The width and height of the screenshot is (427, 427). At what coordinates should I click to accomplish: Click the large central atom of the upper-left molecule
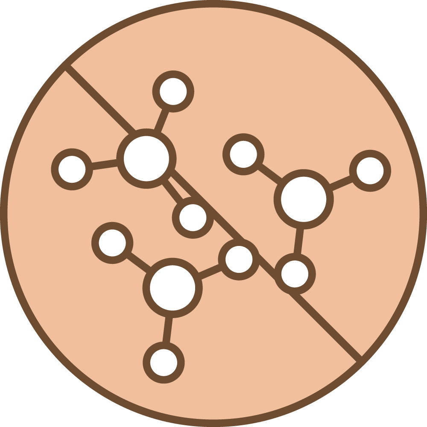146,158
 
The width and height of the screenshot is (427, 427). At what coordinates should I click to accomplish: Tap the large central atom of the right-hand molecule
303,199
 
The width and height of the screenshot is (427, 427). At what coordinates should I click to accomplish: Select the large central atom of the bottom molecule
172,287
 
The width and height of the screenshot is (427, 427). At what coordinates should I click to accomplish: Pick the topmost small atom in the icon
173,91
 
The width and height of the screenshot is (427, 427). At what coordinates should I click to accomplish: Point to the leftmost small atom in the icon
72,169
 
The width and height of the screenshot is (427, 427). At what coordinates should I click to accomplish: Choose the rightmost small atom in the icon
370,170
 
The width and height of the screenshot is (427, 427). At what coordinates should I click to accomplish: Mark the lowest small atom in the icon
164,362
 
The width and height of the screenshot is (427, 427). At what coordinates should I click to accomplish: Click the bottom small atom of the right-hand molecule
295,273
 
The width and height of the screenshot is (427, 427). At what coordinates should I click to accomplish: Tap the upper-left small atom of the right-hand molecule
243,155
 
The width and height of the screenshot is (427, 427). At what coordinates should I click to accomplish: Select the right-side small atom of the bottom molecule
239,259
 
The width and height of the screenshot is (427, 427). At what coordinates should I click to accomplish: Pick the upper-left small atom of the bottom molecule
112,243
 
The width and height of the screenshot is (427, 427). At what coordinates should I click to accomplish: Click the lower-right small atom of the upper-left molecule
193,218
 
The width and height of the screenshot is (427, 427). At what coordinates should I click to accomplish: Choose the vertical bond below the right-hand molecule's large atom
298,241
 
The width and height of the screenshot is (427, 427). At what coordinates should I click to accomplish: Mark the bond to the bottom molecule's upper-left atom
137,261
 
